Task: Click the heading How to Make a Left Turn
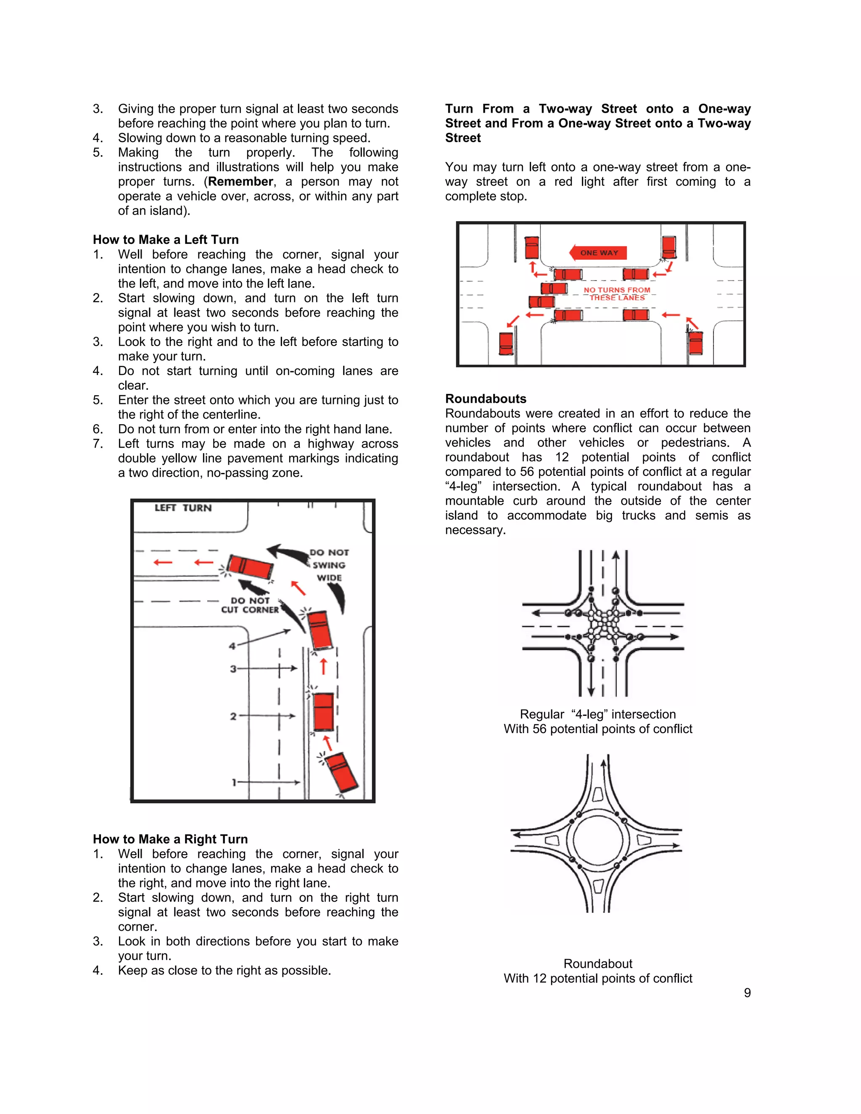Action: pos(165,240)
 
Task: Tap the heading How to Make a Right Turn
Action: pos(170,839)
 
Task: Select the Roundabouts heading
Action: pos(485,399)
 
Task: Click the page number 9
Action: pos(747,993)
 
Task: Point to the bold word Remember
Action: pos(240,182)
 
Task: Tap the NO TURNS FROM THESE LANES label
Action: pos(617,294)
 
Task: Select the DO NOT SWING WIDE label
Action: pos(329,565)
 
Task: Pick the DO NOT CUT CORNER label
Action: pos(250,605)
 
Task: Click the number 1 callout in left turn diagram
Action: pos(234,782)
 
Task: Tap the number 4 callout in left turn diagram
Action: pos(232,646)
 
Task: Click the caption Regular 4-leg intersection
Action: pos(597,714)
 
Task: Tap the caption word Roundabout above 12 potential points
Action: pos(597,964)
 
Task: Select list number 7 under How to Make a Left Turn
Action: pos(98,444)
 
